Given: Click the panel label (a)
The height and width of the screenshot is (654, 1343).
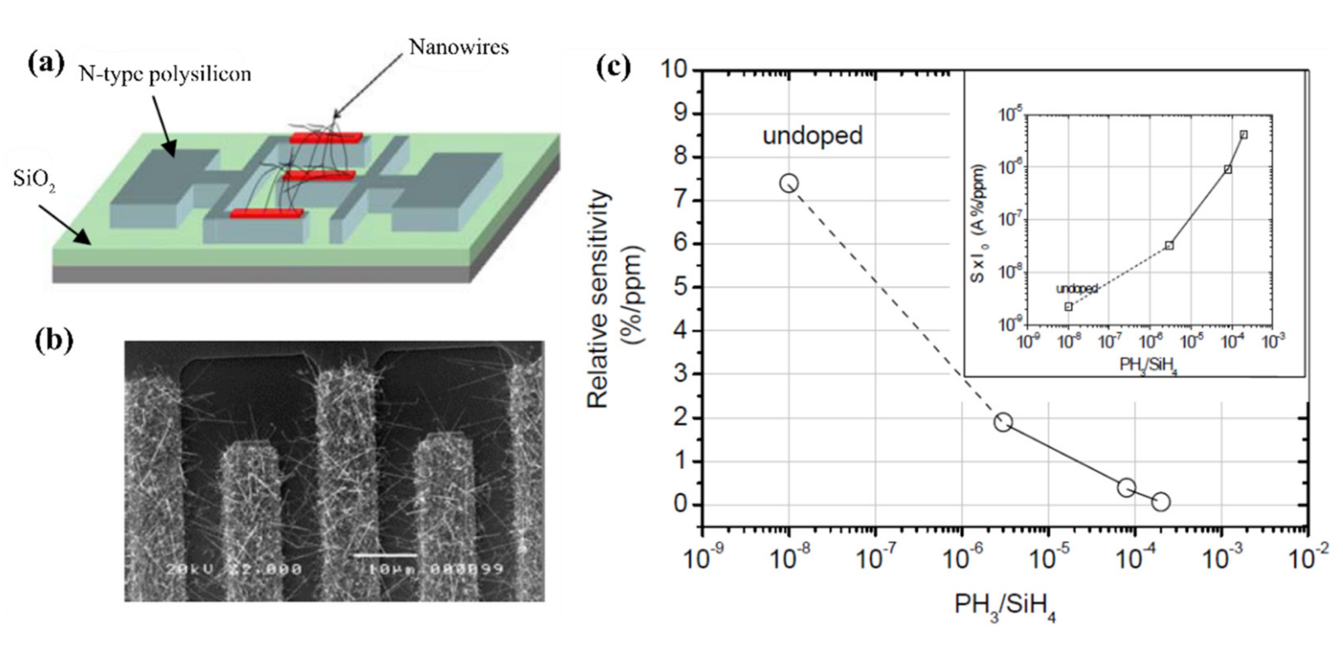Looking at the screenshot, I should click(46, 64).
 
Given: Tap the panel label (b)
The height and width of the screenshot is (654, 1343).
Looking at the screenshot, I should click(54, 341).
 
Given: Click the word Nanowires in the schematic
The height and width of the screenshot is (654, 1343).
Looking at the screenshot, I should click(458, 47).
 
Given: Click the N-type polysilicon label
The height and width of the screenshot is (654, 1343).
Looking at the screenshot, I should click(165, 75).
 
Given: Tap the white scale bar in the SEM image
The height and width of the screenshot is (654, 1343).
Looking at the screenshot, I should click(385, 555).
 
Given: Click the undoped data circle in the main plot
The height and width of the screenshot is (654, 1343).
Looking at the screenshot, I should click(789, 183).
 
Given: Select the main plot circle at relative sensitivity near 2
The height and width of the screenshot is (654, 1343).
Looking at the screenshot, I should click(1003, 422).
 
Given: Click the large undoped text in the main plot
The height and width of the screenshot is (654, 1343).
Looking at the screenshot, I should click(813, 136).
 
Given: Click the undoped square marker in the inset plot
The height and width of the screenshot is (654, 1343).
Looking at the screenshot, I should click(1068, 306).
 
